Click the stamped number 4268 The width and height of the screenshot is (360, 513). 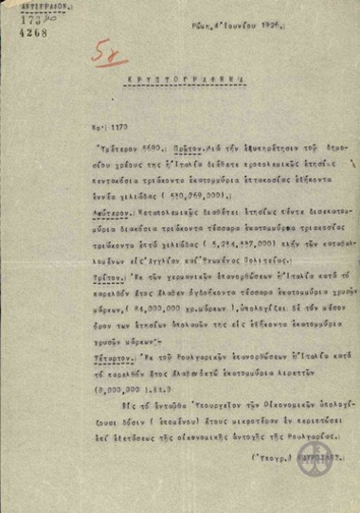point(17,28)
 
